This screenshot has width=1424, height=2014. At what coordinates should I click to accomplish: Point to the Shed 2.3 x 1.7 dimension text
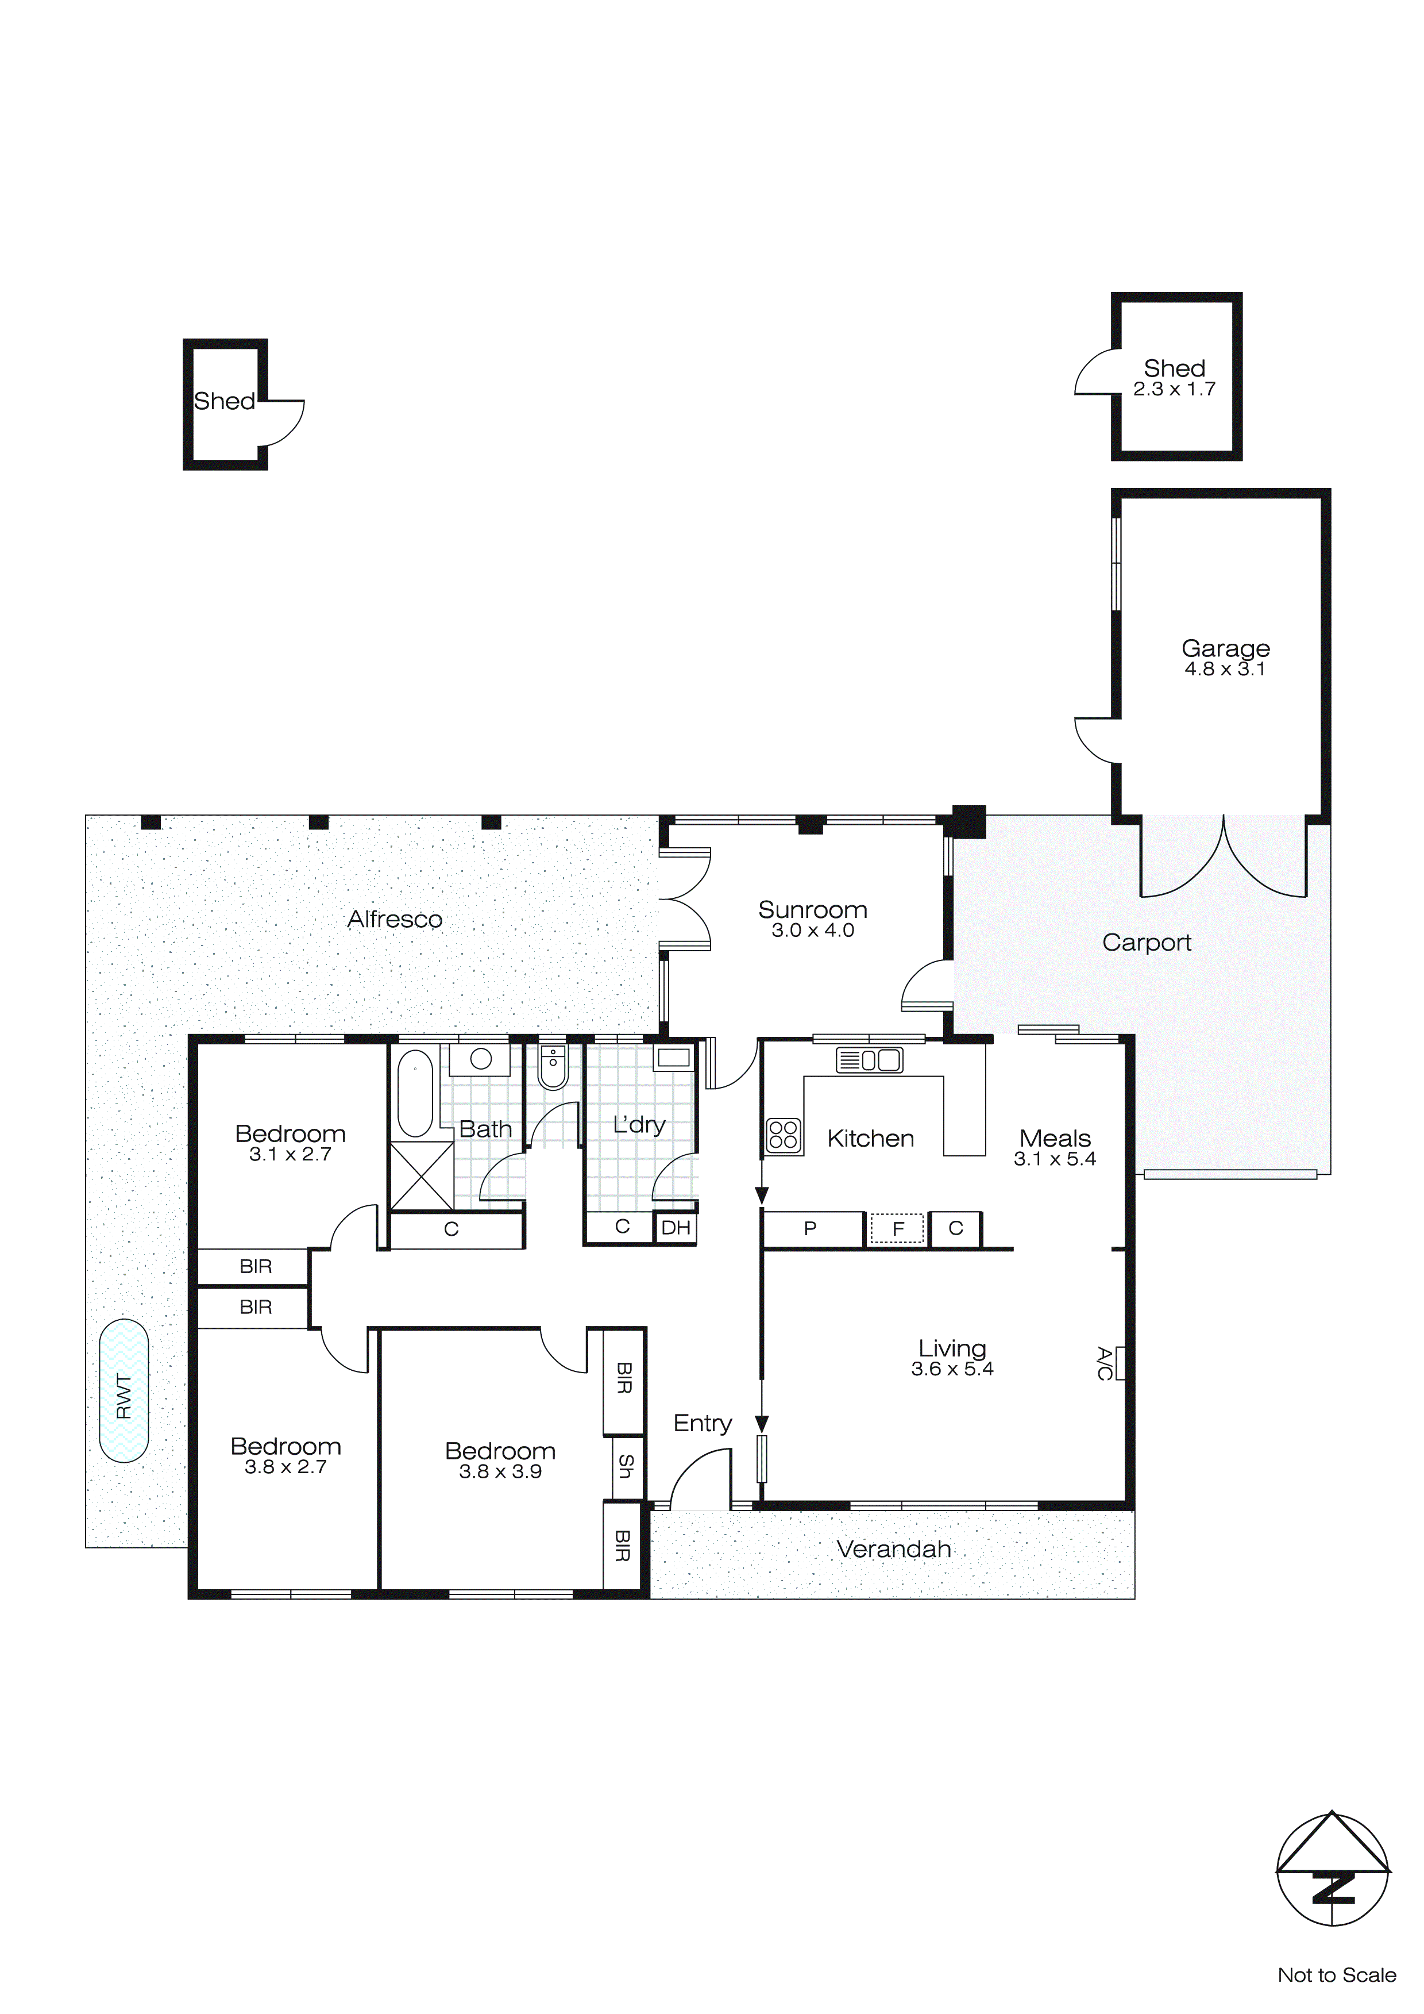coord(1174,390)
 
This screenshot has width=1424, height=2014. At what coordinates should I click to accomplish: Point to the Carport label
coord(1146,943)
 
